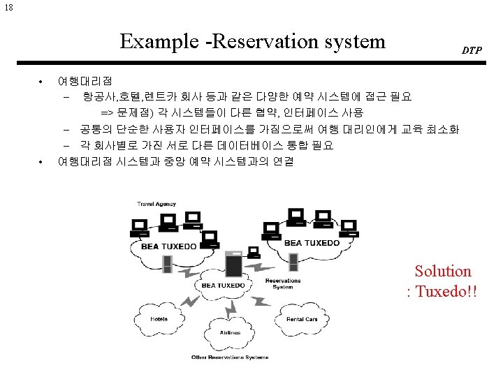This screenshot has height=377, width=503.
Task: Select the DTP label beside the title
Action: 471,51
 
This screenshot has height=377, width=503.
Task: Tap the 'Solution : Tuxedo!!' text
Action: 443,281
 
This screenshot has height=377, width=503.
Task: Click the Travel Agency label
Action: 156,205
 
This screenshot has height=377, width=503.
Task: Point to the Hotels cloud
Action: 159,320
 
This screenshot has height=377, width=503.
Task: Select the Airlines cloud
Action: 231,333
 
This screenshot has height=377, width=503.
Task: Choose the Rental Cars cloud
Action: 302,319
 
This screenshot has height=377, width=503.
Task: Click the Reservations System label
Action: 283,283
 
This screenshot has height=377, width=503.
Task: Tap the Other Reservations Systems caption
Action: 230,357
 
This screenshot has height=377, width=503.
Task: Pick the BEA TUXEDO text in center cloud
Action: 223,285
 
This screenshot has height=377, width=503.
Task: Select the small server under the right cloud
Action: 293,261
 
